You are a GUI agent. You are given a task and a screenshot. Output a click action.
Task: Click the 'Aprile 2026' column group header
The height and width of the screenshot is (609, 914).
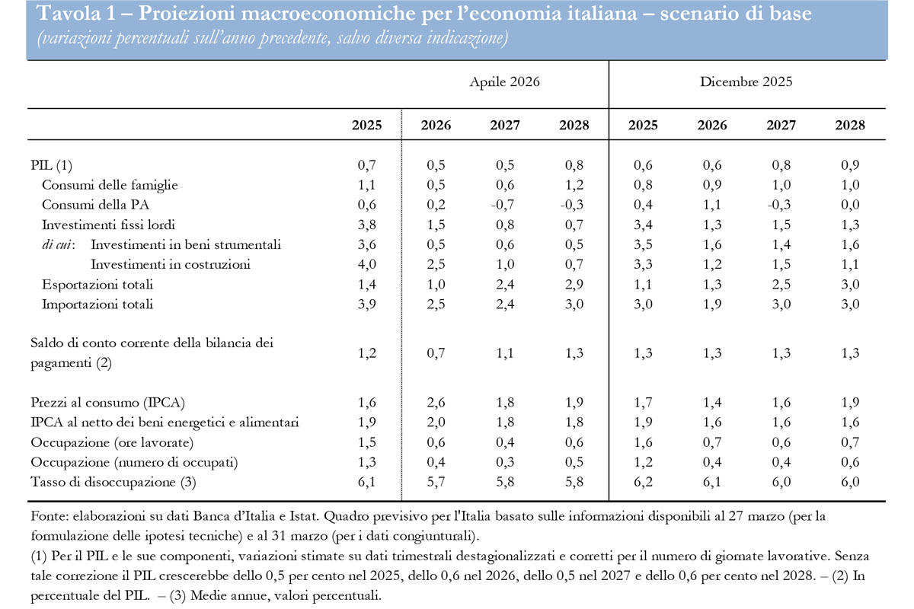pos(504,81)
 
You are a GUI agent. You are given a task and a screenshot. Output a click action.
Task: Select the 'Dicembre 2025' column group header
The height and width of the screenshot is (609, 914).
pos(746,81)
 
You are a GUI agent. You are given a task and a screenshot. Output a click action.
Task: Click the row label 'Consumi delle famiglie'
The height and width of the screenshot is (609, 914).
pos(110,184)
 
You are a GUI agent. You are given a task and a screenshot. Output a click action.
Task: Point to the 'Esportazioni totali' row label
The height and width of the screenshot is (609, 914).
pos(97,284)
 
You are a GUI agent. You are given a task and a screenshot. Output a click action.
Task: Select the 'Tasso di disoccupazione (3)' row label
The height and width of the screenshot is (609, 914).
pos(106,481)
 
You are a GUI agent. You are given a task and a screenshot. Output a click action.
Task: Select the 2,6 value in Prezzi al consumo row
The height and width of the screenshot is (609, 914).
pos(435,402)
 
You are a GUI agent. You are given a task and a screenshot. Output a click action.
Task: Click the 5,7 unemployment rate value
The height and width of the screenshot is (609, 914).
pos(435,481)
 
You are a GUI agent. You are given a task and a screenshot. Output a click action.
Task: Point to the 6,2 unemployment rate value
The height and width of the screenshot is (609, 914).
pos(643,481)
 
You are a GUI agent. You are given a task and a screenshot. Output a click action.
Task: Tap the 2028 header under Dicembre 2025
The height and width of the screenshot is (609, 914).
pos(850,126)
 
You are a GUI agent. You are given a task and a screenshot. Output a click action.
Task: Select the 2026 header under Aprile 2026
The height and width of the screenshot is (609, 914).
pos(435,126)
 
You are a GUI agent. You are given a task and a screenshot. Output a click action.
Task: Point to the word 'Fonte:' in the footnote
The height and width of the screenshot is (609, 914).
pos(49,516)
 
